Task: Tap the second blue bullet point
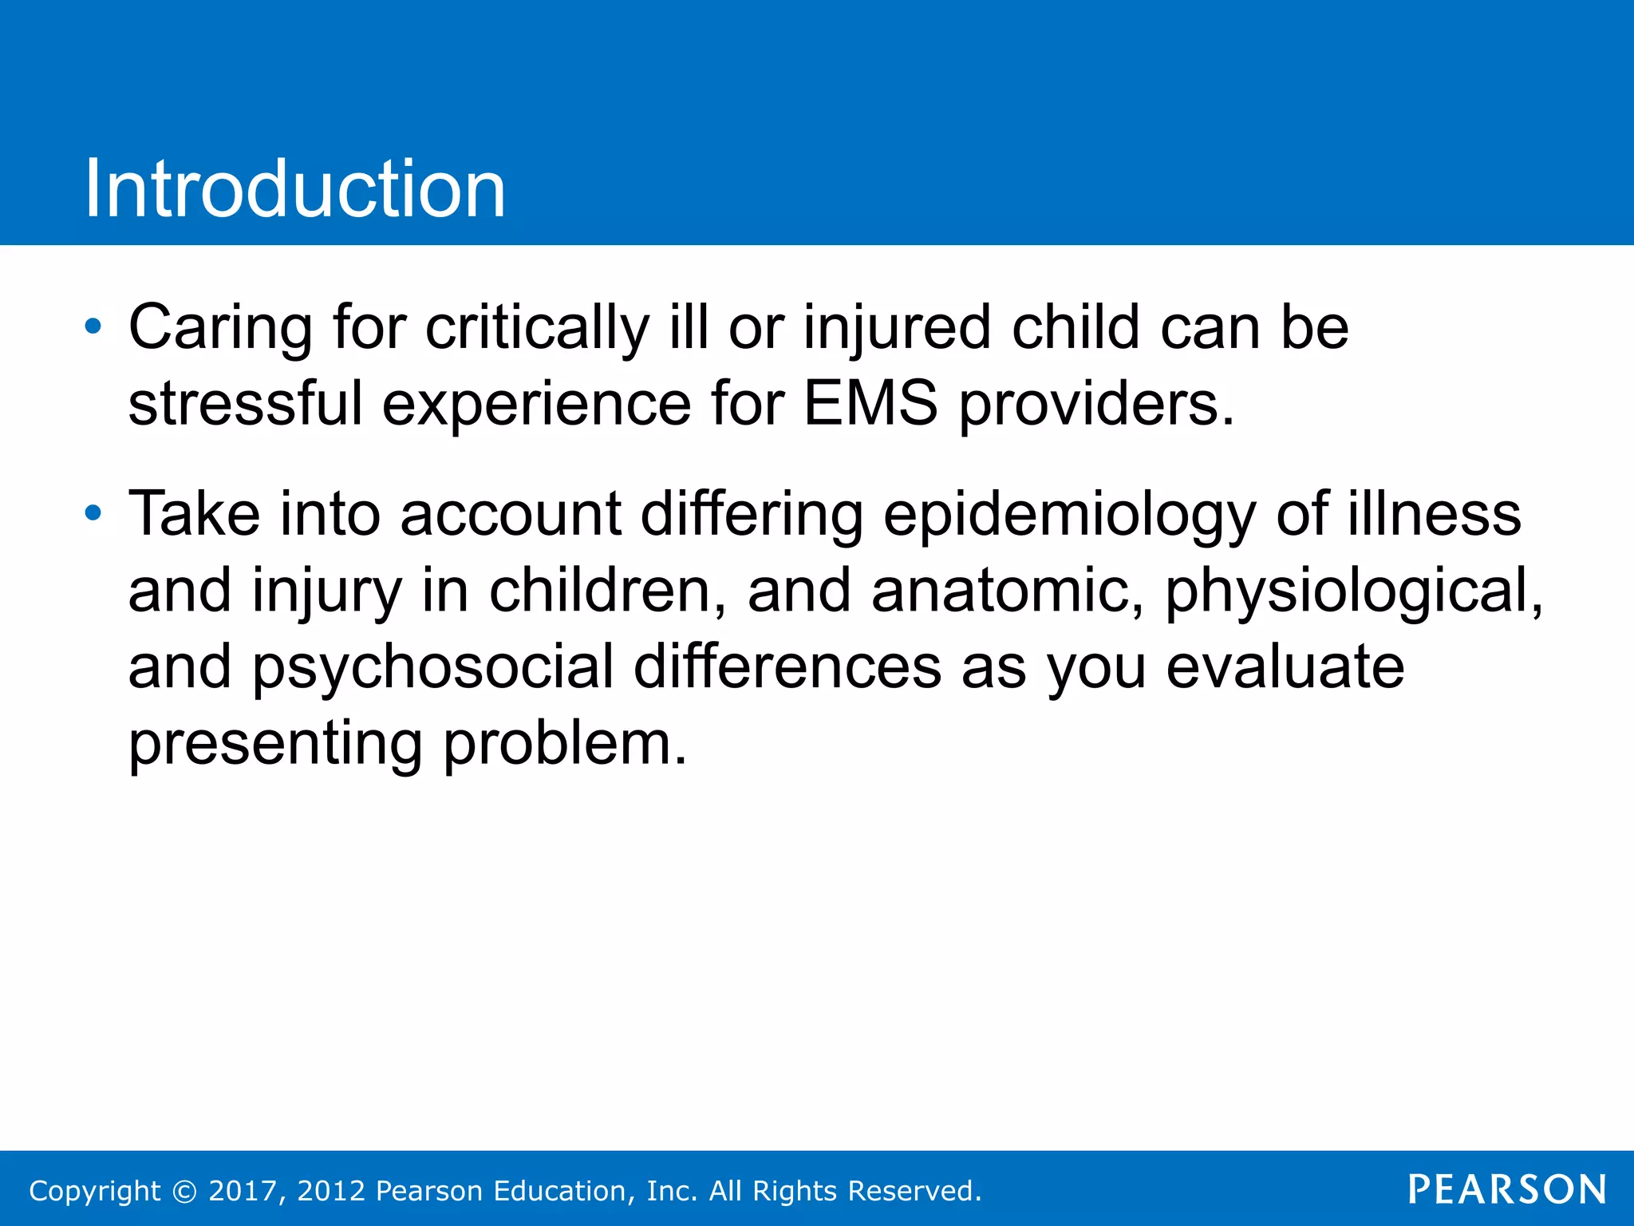point(93,512)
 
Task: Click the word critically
point(537,329)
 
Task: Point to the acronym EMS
point(870,403)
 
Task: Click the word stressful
point(245,403)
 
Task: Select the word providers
point(1095,405)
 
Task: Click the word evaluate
point(1285,666)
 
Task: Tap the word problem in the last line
point(564,744)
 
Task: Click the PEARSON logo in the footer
point(1506,1189)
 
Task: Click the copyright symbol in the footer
point(184,1191)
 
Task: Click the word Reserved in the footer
point(914,1191)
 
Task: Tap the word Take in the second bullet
point(194,514)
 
